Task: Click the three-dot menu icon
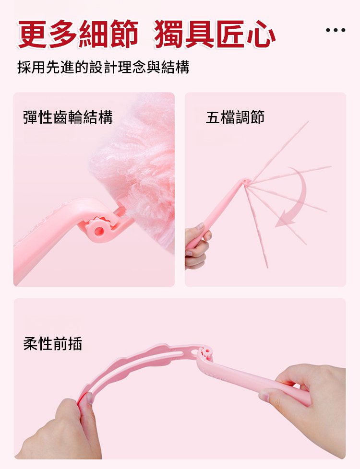click(336, 30)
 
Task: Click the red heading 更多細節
click(78, 34)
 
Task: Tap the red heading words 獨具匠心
click(215, 34)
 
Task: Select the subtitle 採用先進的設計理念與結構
click(103, 67)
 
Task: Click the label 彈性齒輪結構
click(68, 117)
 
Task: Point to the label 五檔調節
click(235, 117)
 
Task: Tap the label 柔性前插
click(52, 343)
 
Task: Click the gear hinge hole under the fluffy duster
click(98, 231)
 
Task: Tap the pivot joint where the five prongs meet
click(246, 182)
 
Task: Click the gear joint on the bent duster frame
click(206, 351)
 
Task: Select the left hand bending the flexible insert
click(61, 431)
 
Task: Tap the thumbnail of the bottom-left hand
click(90, 398)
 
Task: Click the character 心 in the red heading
click(261, 34)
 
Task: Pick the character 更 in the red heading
click(32, 34)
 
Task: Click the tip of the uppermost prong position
click(308, 121)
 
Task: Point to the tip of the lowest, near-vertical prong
click(267, 268)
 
